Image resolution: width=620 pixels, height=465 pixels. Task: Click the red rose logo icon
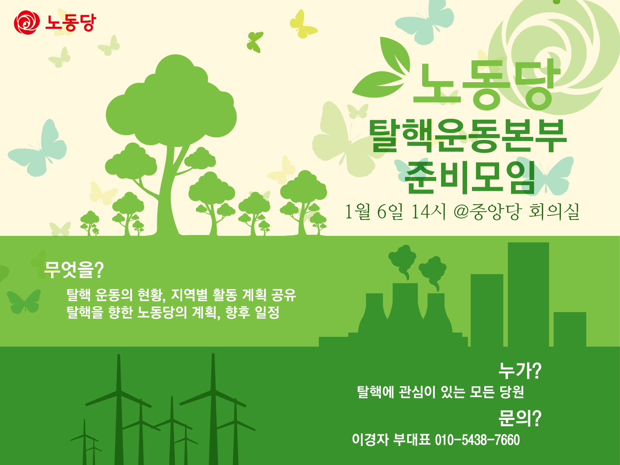point(26,22)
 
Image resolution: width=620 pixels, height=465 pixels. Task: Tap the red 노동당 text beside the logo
point(70,23)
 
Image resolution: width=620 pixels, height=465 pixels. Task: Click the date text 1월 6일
point(374,212)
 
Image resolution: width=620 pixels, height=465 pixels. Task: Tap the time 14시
point(428,212)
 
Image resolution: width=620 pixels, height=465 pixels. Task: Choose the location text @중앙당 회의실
point(517,212)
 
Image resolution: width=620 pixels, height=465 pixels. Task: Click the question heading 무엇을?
point(74,270)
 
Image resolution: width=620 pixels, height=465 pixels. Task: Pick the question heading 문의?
point(520,418)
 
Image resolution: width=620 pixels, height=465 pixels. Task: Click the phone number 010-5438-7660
point(477,440)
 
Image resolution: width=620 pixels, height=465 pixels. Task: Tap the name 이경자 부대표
point(391,440)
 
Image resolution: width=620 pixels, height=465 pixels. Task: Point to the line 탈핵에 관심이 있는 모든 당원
point(440,392)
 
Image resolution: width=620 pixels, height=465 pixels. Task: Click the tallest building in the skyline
point(528,294)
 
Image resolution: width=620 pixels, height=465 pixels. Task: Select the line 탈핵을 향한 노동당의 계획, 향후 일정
point(173,312)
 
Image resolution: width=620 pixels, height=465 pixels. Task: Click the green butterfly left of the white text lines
point(24,301)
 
